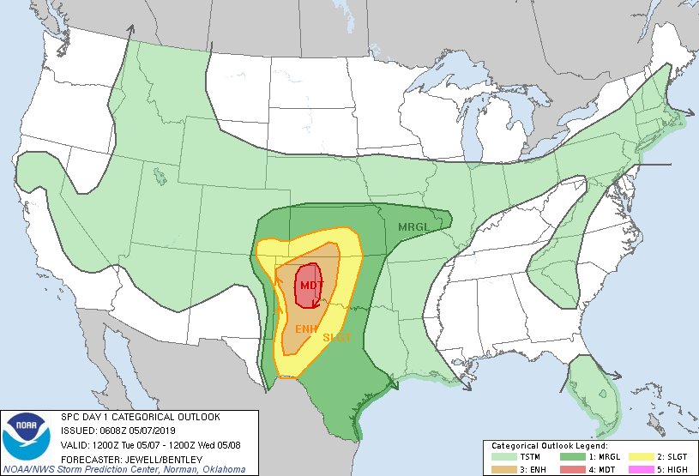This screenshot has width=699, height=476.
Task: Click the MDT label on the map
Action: tap(311, 285)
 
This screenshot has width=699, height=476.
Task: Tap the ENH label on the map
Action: tap(306, 328)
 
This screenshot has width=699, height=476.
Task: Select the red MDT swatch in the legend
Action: tap(569, 469)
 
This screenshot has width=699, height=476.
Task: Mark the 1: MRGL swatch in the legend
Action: tap(569, 457)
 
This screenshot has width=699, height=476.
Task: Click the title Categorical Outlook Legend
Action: tap(549, 446)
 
